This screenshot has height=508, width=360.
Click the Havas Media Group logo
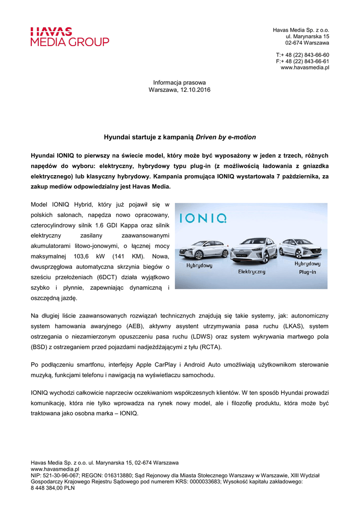[70, 37]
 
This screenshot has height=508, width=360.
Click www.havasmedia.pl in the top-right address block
[305, 67]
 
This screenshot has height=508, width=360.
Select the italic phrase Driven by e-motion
[226, 136]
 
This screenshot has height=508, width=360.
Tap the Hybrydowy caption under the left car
[199, 265]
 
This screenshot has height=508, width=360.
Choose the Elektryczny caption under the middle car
[252, 271]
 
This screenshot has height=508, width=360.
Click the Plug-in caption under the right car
[308, 272]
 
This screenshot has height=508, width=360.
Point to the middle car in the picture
[253, 250]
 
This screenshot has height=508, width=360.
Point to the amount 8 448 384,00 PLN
[53, 488]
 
